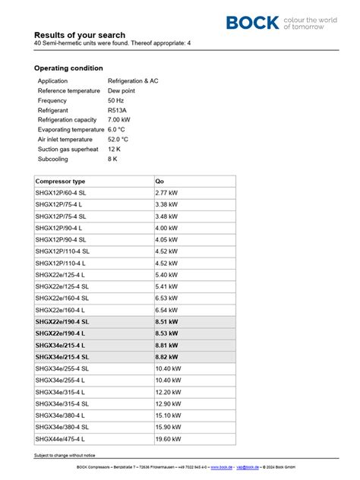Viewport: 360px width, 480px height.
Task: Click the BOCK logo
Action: tap(253, 23)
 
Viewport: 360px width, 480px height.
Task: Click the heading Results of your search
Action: tap(80, 35)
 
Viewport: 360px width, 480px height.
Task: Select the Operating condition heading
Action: tap(68, 68)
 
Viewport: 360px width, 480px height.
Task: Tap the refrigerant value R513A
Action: tap(118, 110)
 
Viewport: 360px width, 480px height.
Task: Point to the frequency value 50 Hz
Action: tap(116, 100)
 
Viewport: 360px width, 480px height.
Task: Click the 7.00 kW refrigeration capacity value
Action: tap(119, 120)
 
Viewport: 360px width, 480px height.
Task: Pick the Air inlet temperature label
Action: tap(65, 140)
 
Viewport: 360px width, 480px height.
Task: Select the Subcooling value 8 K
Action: tap(112, 159)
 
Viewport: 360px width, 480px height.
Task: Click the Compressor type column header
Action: tap(60, 182)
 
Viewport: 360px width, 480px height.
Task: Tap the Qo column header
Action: tap(159, 182)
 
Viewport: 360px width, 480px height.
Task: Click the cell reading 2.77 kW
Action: tap(166, 194)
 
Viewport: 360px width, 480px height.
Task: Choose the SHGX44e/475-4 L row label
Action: tap(60, 439)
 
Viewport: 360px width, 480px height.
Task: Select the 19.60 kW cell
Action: tap(168, 439)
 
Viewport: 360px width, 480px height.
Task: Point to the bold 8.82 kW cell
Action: tap(166, 357)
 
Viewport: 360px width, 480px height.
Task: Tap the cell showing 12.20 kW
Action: tap(168, 392)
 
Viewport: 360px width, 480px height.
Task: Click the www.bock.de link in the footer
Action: tap(222, 467)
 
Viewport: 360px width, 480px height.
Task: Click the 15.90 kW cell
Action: tap(168, 428)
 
